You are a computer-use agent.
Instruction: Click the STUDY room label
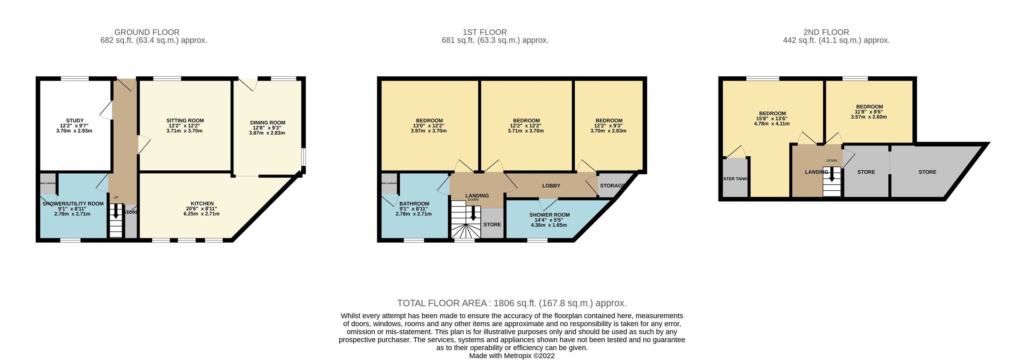(x=75, y=121)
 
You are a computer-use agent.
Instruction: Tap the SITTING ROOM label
(x=185, y=121)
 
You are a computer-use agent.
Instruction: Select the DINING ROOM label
(x=268, y=123)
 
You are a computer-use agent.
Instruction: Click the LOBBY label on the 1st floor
(x=551, y=186)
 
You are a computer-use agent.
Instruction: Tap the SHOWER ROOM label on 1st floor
(x=549, y=215)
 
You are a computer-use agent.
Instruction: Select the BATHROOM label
(x=414, y=204)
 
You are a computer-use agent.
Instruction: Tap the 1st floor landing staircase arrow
(x=473, y=213)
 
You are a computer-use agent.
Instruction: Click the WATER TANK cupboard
(x=735, y=178)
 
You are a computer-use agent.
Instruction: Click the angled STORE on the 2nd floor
(x=927, y=172)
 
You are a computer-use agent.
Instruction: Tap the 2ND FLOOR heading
(x=826, y=32)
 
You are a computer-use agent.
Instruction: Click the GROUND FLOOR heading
(x=147, y=32)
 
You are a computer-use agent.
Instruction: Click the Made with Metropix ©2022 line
(x=512, y=356)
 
